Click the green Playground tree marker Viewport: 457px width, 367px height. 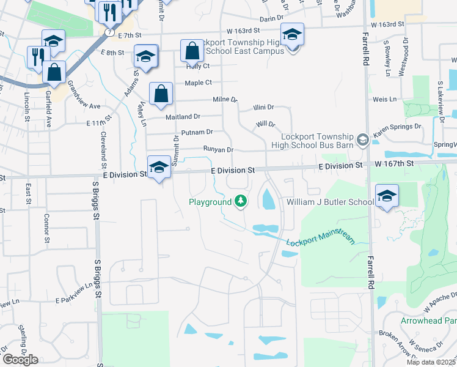[x=241, y=201]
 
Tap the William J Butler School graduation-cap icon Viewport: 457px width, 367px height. [x=387, y=196]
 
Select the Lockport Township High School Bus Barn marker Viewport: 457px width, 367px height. [x=362, y=141]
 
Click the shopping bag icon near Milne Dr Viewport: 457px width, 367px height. [x=161, y=95]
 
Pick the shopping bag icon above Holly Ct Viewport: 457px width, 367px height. [x=192, y=52]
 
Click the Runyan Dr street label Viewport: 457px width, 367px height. [x=218, y=149]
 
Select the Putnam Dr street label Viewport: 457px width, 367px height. [x=197, y=132]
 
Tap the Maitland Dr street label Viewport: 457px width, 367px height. [x=183, y=116]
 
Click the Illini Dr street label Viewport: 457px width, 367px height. [x=265, y=107]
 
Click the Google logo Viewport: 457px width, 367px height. [x=20, y=360]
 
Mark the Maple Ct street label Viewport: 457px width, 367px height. [x=198, y=83]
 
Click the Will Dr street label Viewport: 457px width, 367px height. [x=265, y=124]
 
